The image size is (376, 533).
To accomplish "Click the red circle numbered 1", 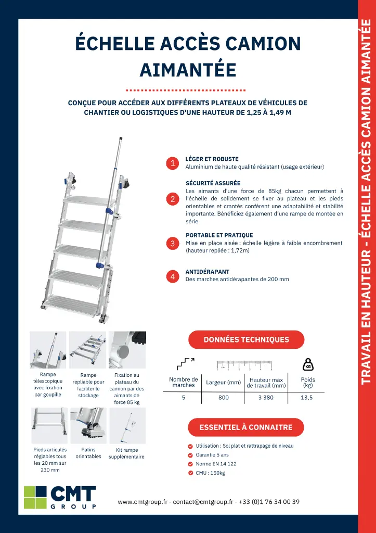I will tap(173, 163).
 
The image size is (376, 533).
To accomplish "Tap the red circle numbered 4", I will tap(173, 276).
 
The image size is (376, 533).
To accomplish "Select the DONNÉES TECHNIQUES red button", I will tap(246, 339).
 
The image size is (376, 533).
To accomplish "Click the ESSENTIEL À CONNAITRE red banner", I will tap(246, 427).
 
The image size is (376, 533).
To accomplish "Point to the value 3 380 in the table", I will tap(266, 397).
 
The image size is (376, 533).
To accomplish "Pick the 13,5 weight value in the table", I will tap(308, 397).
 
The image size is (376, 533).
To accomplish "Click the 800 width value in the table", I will tap(223, 397).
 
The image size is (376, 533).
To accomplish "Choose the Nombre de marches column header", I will tap(184, 383).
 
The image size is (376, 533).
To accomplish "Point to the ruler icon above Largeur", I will tap(244, 364).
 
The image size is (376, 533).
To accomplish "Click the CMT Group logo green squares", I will tap(35, 497).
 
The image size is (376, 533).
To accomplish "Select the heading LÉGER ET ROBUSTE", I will tap(212, 159).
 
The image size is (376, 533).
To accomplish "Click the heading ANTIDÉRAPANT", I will tap(208, 272).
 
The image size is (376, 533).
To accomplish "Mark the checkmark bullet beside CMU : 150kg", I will tap(190, 473).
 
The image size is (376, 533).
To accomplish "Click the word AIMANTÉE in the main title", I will tap(188, 69).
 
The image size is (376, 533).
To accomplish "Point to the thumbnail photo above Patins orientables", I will tap(87, 425).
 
